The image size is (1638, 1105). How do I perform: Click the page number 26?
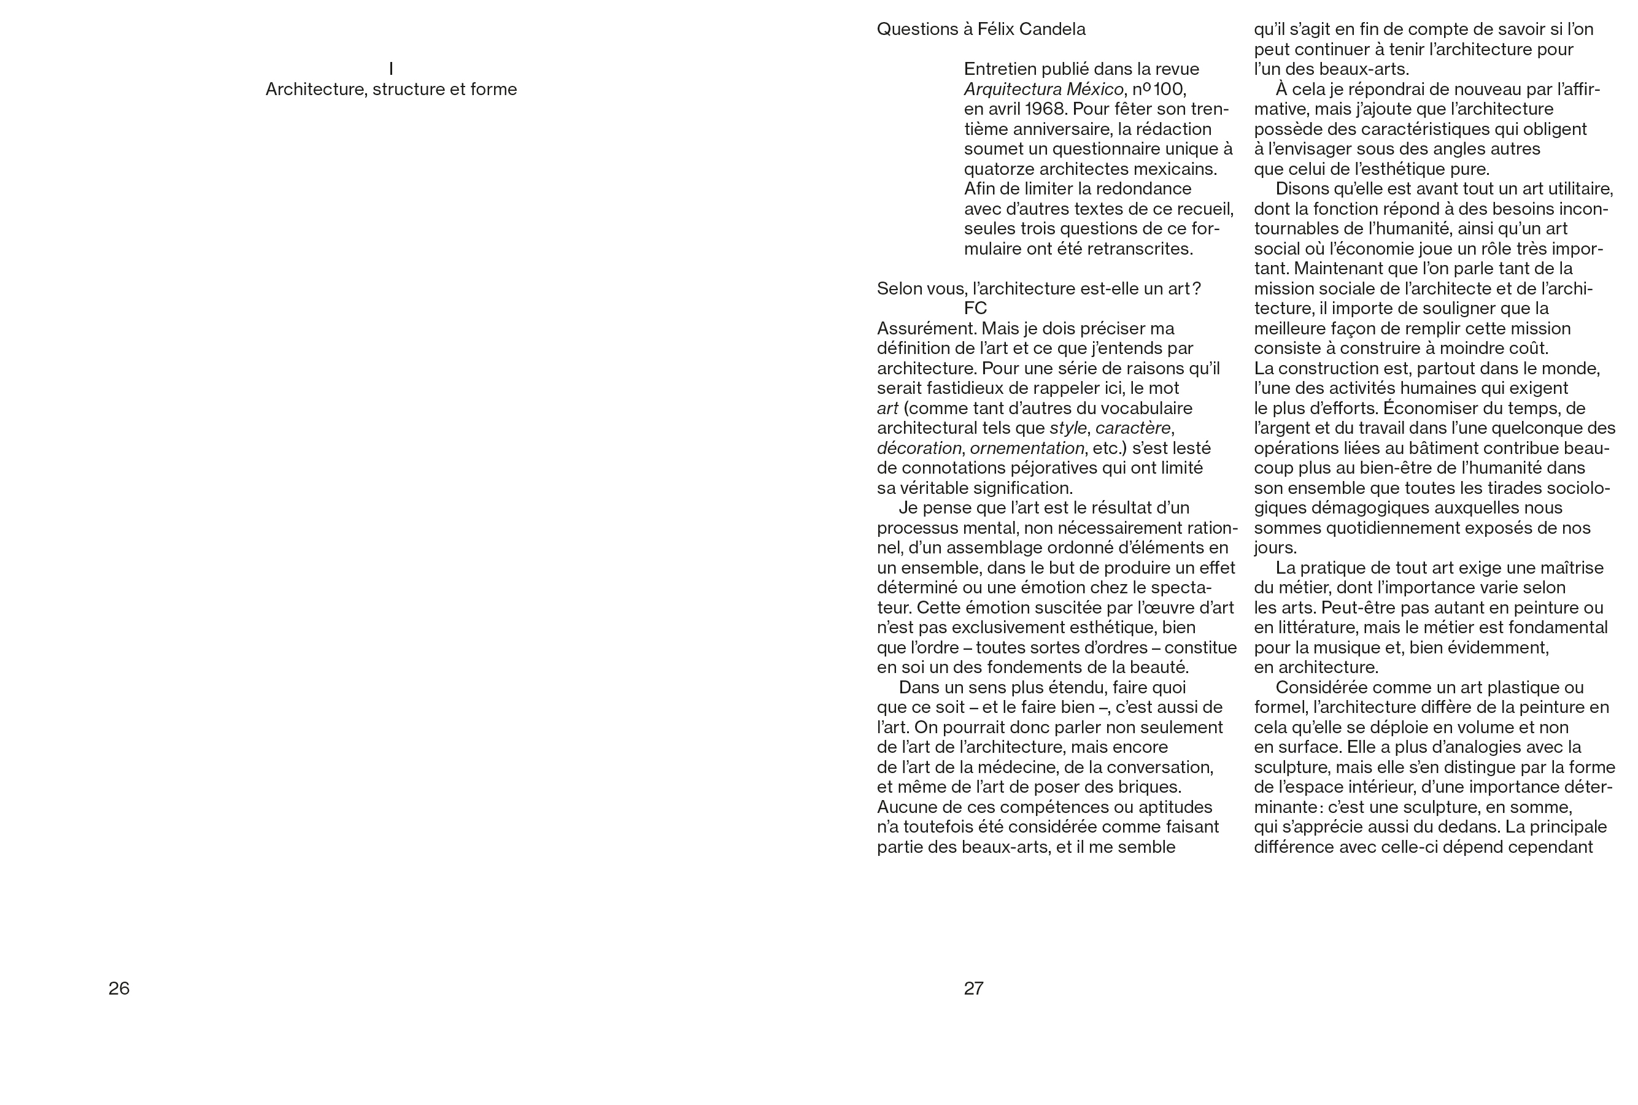pyautogui.click(x=119, y=988)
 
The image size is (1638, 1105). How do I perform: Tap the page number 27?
pyautogui.click(x=973, y=988)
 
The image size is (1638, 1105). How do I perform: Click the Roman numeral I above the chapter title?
pyautogui.click(x=391, y=69)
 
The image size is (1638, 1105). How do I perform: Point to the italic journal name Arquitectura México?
pyautogui.click(x=1043, y=90)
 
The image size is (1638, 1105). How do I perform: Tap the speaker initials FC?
pyautogui.click(x=975, y=308)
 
